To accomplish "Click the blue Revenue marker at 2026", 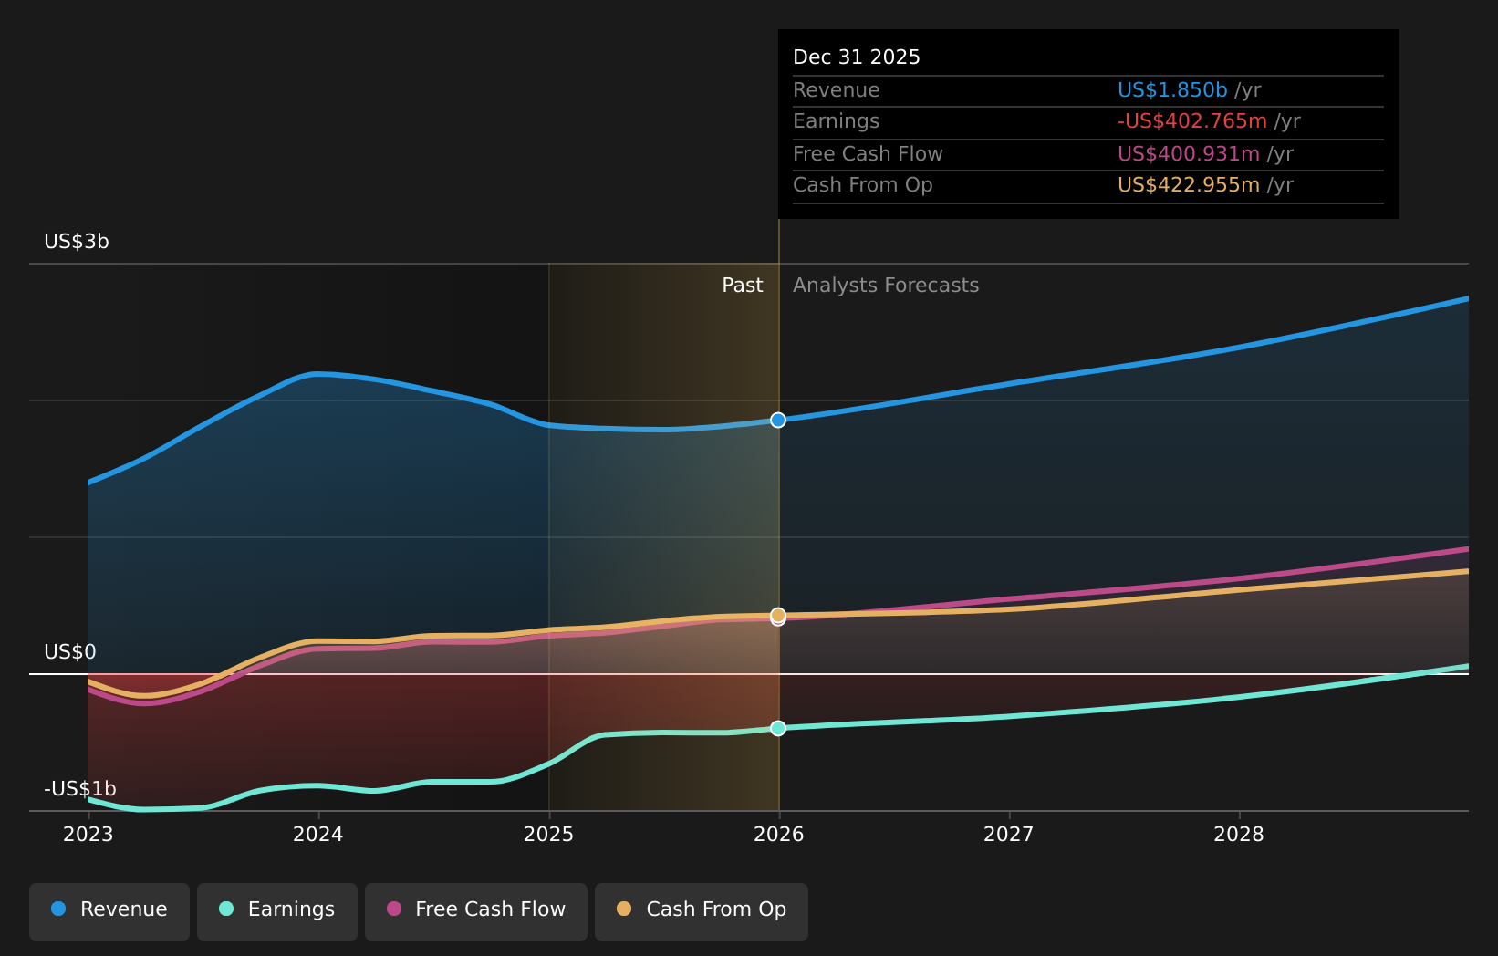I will point(778,420).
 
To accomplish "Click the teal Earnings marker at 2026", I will point(778,728).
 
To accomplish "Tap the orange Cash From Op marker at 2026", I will point(778,615).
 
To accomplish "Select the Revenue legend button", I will point(109,909).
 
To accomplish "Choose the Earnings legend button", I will point(277,909).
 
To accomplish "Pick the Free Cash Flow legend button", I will point(476,909).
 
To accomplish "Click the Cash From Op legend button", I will point(702,909).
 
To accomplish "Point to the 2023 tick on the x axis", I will point(88,834).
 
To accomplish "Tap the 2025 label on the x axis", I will point(548,834).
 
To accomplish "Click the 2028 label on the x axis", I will point(1239,834).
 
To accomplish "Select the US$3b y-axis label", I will point(77,242).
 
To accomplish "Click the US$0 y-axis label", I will point(70,652).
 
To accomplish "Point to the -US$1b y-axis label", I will point(80,789).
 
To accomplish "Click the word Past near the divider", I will point(742,286).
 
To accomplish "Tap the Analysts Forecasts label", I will point(885,286).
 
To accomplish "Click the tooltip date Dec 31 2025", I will point(856,57).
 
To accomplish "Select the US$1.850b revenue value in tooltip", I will point(1172,90).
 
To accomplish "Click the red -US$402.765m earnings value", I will point(1191,121).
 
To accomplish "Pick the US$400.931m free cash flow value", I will point(1188,154).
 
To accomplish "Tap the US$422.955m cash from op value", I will point(1188,185).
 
